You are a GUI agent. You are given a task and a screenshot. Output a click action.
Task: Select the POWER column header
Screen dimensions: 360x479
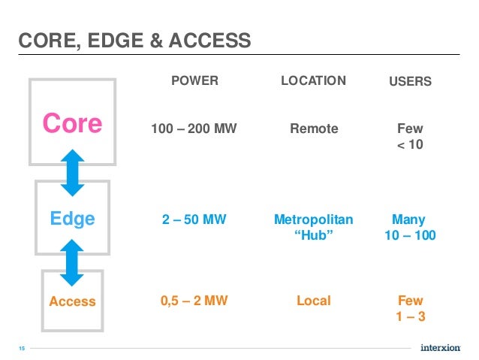click(x=194, y=81)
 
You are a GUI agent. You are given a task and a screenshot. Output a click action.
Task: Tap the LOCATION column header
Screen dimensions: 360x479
click(x=313, y=80)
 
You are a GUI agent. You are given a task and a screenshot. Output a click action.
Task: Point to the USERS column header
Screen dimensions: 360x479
click(x=410, y=81)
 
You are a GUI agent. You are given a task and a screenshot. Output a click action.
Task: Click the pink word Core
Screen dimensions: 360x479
click(x=72, y=123)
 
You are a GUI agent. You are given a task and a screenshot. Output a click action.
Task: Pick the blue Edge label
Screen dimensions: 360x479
click(x=72, y=219)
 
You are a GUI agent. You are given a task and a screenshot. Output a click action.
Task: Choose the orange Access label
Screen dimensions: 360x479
click(x=72, y=301)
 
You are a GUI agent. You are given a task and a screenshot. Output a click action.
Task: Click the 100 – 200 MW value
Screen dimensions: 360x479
click(x=194, y=129)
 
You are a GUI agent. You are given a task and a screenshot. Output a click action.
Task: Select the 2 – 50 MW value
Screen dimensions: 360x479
click(x=194, y=220)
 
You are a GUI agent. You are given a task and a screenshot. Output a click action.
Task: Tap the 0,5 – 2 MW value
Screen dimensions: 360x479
click(x=194, y=301)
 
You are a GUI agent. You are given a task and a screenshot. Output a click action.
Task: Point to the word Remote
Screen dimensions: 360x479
click(x=314, y=129)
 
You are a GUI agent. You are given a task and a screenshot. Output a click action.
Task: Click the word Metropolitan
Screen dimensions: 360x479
click(x=313, y=220)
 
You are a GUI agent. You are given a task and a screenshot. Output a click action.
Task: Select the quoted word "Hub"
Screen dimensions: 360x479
click(x=313, y=236)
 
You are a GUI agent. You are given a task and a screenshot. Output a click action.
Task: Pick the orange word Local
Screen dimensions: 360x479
click(x=313, y=301)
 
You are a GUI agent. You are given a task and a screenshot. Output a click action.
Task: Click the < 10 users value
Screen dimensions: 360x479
click(x=410, y=144)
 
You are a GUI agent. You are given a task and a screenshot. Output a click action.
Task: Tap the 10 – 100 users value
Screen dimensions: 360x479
click(x=410, y=236)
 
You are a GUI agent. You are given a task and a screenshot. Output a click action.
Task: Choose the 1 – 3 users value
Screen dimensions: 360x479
click(x=410, y=316)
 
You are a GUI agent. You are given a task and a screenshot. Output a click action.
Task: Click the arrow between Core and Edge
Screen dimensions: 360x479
click(x=72, y=172)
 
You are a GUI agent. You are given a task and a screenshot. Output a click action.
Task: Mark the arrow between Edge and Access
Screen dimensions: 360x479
click(x=72, y=262)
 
